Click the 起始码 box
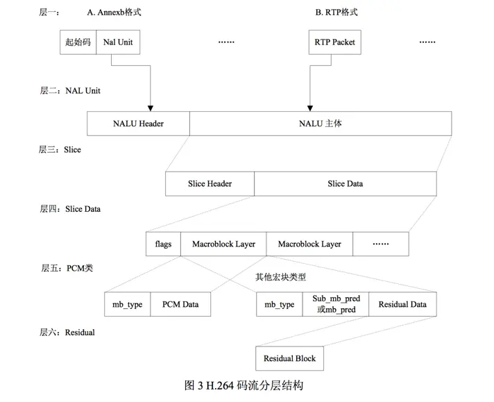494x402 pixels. [x=78, y=42]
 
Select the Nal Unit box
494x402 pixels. [x=117, y=42]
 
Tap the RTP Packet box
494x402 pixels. [x=335, y=42]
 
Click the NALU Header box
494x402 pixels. [x=138, y=124]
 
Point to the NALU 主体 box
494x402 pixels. [x=320, y=124]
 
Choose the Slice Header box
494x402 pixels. [x=210, y=184]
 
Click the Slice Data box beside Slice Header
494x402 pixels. [x=345, y=184]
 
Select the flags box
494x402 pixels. [x=163, y=244]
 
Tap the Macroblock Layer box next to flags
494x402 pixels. [x=223, y=244]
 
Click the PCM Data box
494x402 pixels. [x=180, y=304]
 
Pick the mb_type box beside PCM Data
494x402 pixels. [x=127, y=304]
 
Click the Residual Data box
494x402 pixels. [x=402, y=304]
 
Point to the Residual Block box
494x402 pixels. [x=289, y=358]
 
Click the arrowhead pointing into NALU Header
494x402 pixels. [x=151, y=108]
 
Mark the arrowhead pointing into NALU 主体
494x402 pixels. [x=309, y=108]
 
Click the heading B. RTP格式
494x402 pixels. [x=337, y=12]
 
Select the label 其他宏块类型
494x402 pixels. [x=280, y=276]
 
